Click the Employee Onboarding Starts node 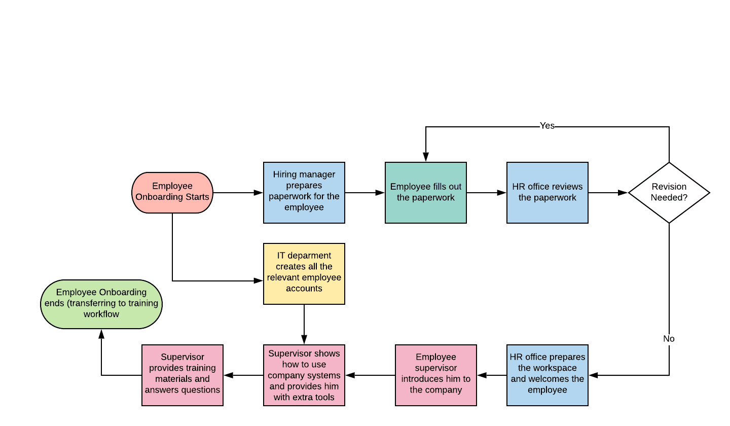[x=172, y=193]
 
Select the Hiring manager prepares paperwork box [x=304, y=193]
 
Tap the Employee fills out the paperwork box [x=426, y=193]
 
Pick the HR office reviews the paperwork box [x=547, y=193]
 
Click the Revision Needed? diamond [x=669, y=193]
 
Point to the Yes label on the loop [x=547, y=126]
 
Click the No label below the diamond [x=669, y=339]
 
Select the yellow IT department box [x=304, y=274]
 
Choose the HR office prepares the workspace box [x=547, y=375]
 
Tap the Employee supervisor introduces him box [x=436, y=375]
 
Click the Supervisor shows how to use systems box [x=304, y=375]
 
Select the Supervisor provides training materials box [x=182, y=375]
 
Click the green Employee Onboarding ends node [x=101, y=304]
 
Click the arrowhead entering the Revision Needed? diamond [x=624, y=193]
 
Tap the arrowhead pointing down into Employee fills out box [x=426, y=158]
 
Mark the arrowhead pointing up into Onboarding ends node [x=101, y=334]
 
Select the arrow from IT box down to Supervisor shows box [x=304, y=325]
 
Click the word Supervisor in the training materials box [x=182, y=357]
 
